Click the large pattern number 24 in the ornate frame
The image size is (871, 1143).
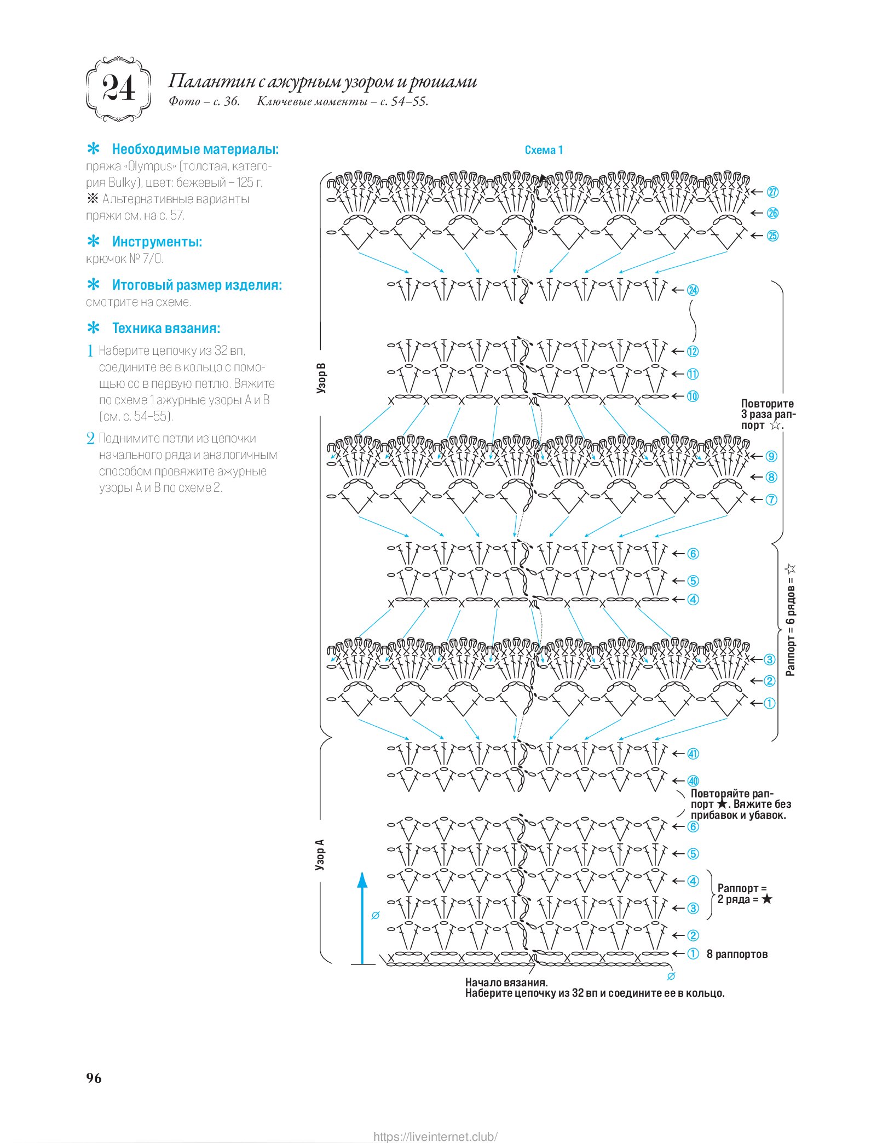click(119, 89)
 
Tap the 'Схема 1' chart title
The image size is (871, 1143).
click(543, 150)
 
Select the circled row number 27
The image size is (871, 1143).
click(772, 192)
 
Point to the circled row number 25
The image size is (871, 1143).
click(772, 236)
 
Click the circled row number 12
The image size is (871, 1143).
click(693, 352)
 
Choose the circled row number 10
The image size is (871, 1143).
click(693, 396)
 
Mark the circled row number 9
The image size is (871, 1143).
click(771, 456)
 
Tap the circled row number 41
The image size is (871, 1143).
click(693, 754)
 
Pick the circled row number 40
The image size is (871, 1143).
click(693, 781)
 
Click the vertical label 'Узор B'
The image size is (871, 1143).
click(321, 378)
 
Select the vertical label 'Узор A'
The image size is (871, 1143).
click(320, 855)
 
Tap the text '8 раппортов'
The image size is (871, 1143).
click(737, 954)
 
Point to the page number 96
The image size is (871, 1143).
click(94, 1078)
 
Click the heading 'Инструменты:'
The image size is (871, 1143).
click(157, 242)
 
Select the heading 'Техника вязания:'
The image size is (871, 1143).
click(166, 328)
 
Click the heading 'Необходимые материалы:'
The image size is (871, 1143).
click(195, 149)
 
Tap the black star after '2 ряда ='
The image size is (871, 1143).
click(766, 899)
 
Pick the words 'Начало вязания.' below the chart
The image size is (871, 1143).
click(506, 983)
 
